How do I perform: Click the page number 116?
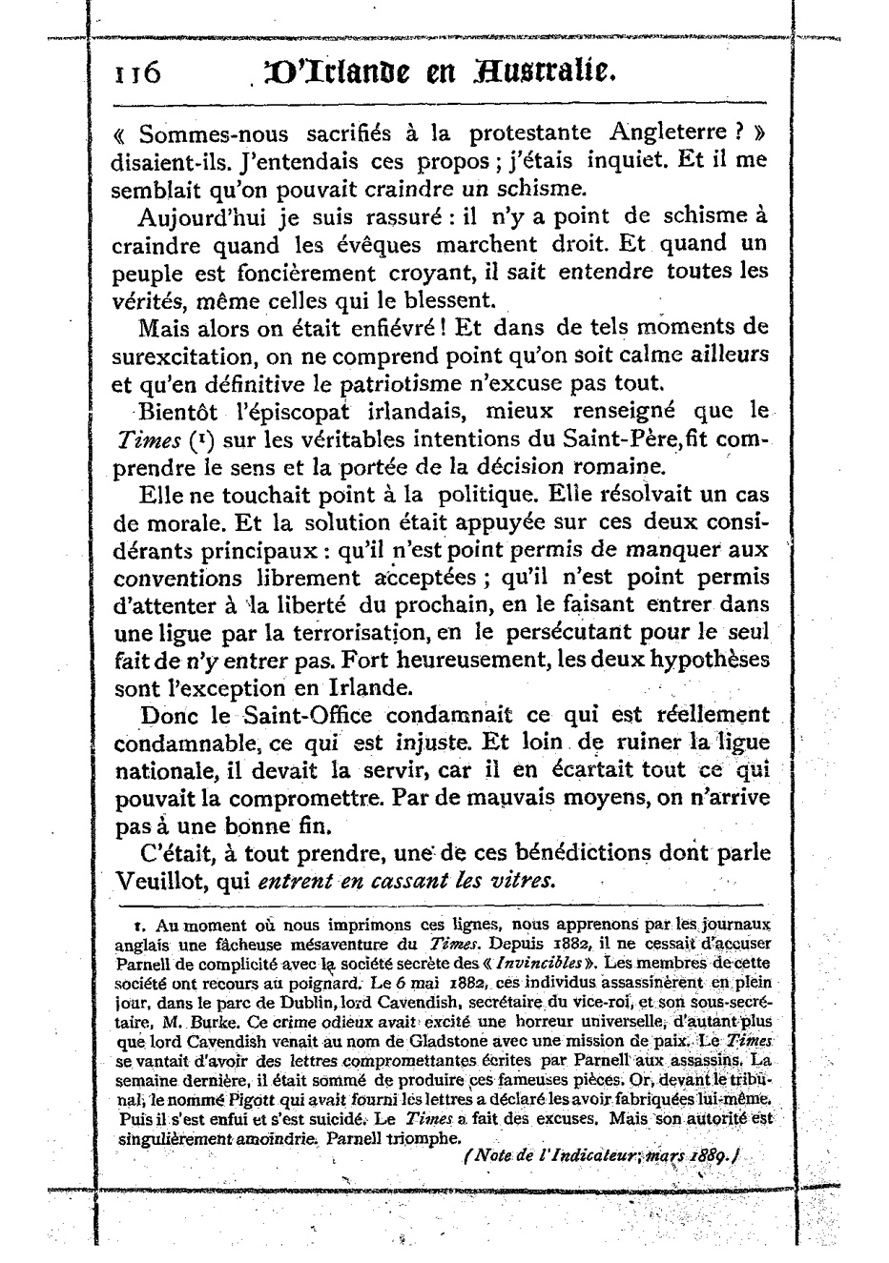[x=133, y=73]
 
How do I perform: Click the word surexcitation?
[x=177, y=356]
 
